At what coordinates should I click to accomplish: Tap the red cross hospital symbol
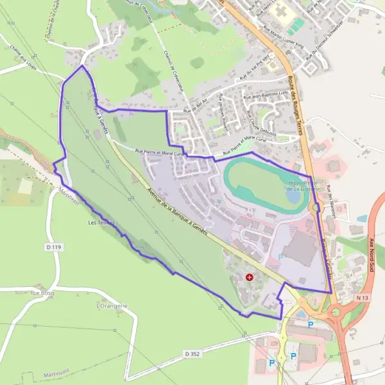click(x=249, y=277)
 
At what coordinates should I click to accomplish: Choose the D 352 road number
click(x=193, y=354)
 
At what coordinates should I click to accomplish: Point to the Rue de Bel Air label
click(x=196, y=108)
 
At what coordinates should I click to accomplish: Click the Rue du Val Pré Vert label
click(x=254, y=71)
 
